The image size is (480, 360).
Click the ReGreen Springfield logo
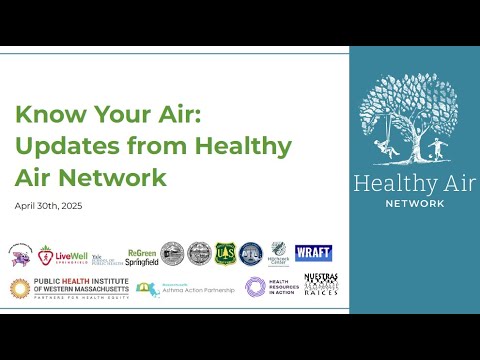click(x=142, y=257)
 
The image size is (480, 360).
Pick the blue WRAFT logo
click(x=313, y=254)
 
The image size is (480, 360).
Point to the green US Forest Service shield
click(x=225, y=255)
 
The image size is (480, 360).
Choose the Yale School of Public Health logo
click(x=103, y=256)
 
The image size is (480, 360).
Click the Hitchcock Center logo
click(x=278, y=255)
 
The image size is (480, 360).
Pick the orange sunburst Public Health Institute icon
click(x=19, y=289)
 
